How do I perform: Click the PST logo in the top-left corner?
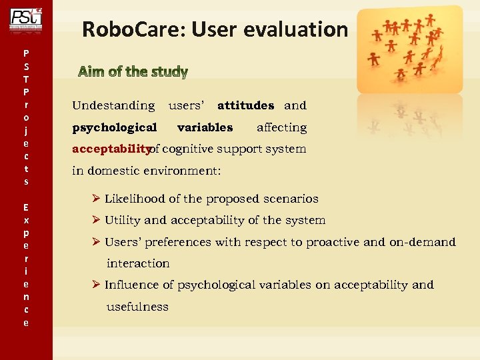[25, 19]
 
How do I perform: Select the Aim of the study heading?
[133, 71]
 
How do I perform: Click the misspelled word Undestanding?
[113, 105]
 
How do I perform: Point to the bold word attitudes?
[245, 105]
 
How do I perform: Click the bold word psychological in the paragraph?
[114, 127]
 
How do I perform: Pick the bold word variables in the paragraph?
[205, 127]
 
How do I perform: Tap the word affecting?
[281, 127]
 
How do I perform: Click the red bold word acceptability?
[111, 149]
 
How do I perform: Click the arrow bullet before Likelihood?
[97, 199]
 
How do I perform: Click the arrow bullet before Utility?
[97, 220]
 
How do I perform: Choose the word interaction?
[138, 263]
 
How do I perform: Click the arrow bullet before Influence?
[97, 285]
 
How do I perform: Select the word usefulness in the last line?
[137, 307]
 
